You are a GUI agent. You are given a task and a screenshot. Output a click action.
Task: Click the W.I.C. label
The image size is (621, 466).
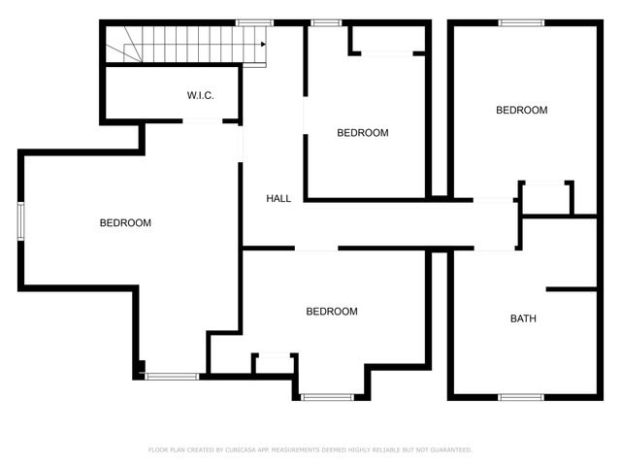[x=201, y=95]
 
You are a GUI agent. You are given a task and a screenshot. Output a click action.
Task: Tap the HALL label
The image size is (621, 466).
[x=278, y=198]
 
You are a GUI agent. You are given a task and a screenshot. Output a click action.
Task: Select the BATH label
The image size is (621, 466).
[x=523, y=318]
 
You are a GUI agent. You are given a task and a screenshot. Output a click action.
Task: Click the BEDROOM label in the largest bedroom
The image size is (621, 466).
[x=125, y=223]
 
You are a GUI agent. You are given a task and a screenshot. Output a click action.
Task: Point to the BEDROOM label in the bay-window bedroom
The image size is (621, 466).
[x=332, y=312]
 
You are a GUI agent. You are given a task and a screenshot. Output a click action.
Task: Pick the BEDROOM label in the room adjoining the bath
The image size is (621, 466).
[x=522, y=110]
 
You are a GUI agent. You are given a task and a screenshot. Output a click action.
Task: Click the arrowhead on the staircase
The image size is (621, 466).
[x=263, y=45]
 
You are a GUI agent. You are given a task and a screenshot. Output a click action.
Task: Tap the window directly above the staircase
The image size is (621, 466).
[x=254, y=23]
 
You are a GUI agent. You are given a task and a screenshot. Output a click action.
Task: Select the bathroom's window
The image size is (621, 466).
[x=521, y=397]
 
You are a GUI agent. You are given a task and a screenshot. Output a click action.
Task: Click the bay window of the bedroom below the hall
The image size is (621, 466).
[x=327, y=397]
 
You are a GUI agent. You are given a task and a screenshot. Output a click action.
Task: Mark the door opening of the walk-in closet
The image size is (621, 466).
[x=203, y=121]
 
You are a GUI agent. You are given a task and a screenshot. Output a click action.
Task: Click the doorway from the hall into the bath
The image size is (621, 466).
[x=494, y=249]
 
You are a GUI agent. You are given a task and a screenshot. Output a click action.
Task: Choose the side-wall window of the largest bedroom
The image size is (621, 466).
[x=21, y=221]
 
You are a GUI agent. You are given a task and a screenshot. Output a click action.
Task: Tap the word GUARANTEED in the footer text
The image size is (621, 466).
[x=451, y=449]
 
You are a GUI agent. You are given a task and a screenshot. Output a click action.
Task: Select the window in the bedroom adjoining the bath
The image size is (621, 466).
[x=521, y=23]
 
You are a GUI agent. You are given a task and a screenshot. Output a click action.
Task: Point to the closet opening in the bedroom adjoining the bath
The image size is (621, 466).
[x=545, y=183]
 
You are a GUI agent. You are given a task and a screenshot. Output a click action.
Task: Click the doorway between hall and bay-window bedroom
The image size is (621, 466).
[x=316, y=249]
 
